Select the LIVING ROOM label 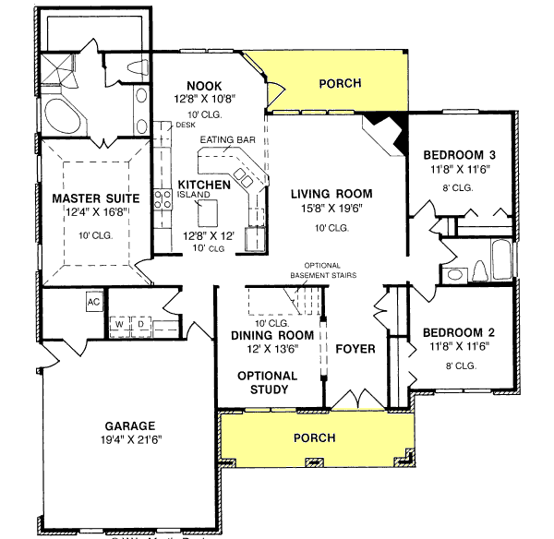[331, 194]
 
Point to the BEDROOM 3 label [460, 154]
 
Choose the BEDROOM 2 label [460, 333]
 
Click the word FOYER [354, 350]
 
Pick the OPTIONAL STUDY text [267, 382]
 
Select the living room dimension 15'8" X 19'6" [331, 209]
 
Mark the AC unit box [93, 302]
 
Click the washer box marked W [120, 324]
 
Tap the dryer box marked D [140, 324]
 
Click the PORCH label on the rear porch [340, 84]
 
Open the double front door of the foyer [348, 401]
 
